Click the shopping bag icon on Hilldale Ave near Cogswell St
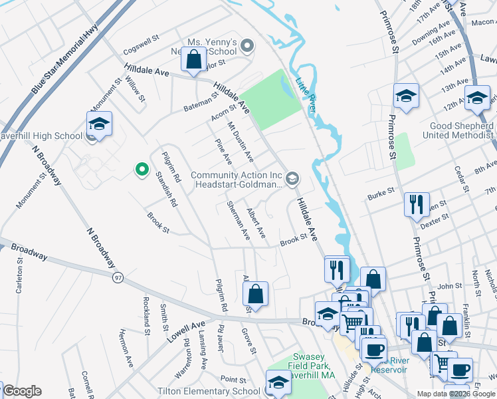click(x=193, y=61)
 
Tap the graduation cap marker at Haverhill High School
click(x=99, y=124)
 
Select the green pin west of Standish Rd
click(x=141, y=170)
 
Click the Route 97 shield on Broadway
click(x=118, y=276)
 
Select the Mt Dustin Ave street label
click(x=240, y=142)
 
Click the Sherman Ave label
click(x=237, y=221)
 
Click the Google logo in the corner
click(x=21, y=391)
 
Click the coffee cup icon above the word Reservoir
click(x=374, y=348)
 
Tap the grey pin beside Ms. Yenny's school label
click(x=247, y=47)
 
